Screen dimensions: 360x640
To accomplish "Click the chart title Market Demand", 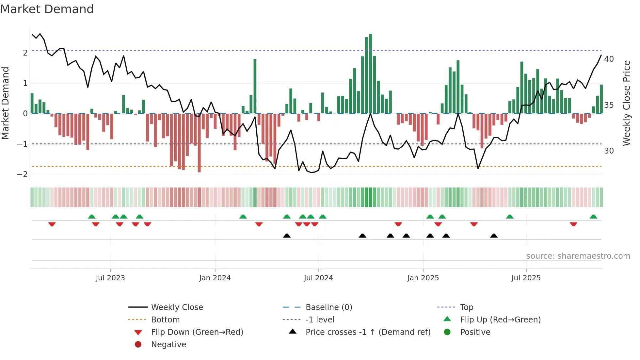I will coord(47,9).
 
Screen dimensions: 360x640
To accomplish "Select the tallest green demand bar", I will coord(370,74).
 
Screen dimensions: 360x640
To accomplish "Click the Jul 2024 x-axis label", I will coord(318,278).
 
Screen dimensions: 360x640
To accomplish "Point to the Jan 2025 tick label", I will coord(423,278).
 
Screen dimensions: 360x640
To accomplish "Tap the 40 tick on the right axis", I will coord(609,59).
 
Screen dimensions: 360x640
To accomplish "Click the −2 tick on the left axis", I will coord(22,174).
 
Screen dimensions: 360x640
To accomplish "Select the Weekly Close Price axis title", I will coord(627,103).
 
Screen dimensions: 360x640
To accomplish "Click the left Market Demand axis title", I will coord(5,103).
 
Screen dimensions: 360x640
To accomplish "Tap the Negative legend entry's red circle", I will coord(138,345).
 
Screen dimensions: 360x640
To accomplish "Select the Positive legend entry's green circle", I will coord(447,332).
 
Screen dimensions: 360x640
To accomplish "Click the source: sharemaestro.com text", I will coord(578,256).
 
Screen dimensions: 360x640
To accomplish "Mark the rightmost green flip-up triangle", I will coord(593,217).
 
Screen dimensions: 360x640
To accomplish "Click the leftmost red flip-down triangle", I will coord(52,224).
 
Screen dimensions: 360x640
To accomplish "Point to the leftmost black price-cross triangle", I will coord(287,236).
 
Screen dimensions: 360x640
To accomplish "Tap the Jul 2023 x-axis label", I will coord(110,278).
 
